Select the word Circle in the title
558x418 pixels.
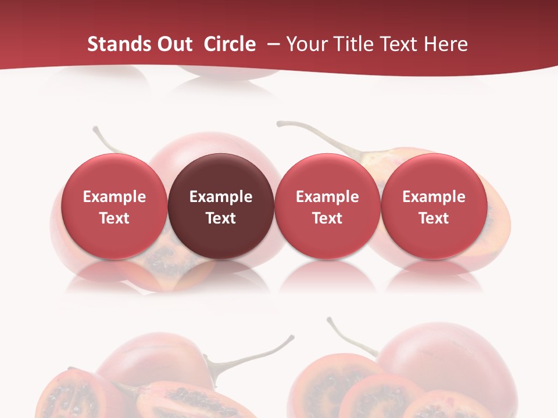pyautogui.click(x=230, y=44)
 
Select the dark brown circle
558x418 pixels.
pyautogui.click(x=221, y=207)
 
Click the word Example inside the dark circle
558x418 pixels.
pyautogui.click(x=221, y=197)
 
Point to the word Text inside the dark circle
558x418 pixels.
pyautogui.click(x=221, y=218)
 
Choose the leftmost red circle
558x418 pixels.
pyautogui.click(x=115, y=207)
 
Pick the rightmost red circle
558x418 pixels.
pyautogui.click(x=434, y=207)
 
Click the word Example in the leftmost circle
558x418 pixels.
pyautogui.click(x=115, y=197)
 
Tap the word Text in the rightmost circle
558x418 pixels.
pyautogui.click(x=434, y=218)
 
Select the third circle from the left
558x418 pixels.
pyautogui.click(x=327, y=207)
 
